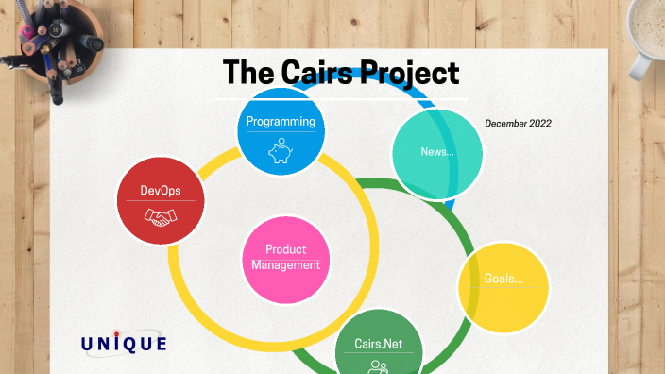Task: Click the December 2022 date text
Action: [x=518, y=124]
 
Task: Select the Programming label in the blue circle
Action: [x=280, y=122]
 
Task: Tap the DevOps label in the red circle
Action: [x=161, y=191]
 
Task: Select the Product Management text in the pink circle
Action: [x=286, y=257]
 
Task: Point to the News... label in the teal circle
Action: [x=437, y=152]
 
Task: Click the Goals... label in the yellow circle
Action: [x=503, y=280]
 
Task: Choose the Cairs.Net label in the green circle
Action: [x=379, y=344]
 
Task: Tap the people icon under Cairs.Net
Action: [x=379, y=365]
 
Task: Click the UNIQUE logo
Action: [x=124, y=344]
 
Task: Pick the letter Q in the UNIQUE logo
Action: [x=131, y=345]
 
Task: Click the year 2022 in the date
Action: [x=539, y=124]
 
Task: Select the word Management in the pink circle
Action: [x=286, y=264]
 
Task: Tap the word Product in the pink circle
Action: [x=286, y=249]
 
